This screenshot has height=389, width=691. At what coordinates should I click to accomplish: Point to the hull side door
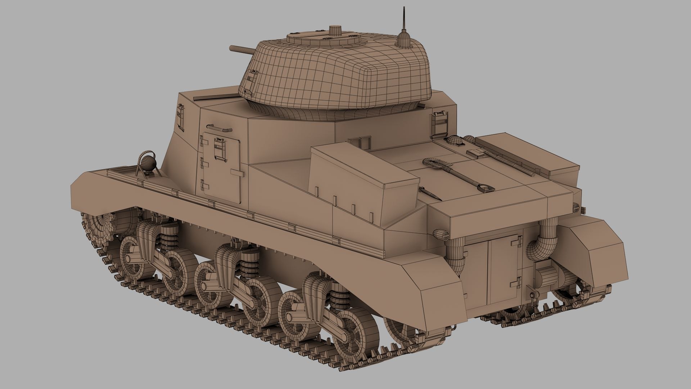(x=221, y=165)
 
